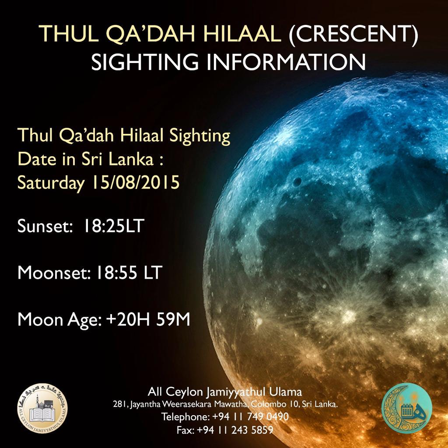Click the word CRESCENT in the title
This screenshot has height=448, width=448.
point(353,35)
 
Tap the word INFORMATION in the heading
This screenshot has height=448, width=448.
point(286,62)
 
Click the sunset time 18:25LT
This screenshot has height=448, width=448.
point(115,227)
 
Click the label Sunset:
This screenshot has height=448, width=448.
point(42,227)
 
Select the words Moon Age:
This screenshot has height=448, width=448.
point(59,320)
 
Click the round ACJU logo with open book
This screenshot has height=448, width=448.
point(42,408)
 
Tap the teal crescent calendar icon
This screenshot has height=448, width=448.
point(406,408)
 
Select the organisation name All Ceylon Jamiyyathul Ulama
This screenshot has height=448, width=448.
point(225,391)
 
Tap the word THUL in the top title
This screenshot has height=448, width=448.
point(67,35)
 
